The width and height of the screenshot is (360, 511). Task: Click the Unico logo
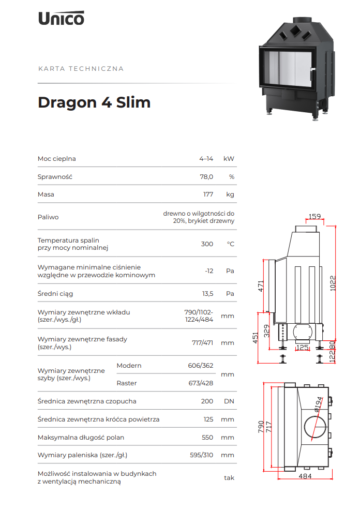point(61,18)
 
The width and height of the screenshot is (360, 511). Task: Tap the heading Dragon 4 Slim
point(94,102)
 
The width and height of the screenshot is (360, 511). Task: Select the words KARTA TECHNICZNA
point(81,69)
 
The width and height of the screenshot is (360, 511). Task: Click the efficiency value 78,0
point(206,177)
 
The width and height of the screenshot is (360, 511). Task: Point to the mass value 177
point(208,194)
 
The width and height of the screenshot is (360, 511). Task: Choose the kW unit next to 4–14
point(229,159)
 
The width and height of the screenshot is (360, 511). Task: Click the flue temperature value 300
point(207,244)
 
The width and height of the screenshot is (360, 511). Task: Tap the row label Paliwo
point(48,217)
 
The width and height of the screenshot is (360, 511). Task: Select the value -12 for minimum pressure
point(209,271)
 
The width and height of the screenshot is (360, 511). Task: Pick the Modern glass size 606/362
point(201,366)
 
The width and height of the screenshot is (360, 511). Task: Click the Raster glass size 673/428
point(201,383)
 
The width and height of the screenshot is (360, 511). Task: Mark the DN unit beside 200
point(229,401)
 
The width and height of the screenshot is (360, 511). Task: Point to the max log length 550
point(207,438)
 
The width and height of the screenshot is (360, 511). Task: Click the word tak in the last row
point(229,478)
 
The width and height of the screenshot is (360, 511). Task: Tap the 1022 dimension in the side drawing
point(333,283)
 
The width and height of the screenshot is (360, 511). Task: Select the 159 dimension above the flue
point(314,216)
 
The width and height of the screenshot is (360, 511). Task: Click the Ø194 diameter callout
point(319,405)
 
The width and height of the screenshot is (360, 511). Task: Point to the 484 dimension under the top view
point(305,476)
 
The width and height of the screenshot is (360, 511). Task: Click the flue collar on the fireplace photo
point(303,20)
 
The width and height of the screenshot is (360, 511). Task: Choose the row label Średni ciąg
point(55,294)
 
